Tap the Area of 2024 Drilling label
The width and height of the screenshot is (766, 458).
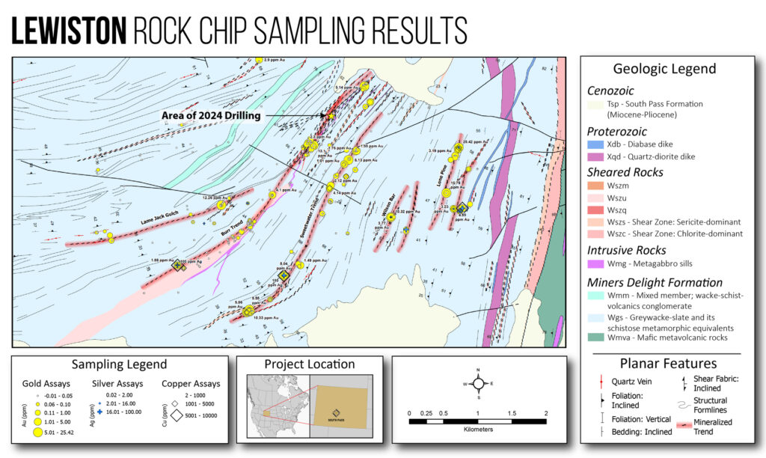point(211,116)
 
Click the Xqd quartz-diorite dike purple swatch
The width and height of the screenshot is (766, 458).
point(594,156)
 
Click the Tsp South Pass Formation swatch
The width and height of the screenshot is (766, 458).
point(594,104)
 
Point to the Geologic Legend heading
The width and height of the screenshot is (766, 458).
point(664,69)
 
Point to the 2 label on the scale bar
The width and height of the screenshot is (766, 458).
point(546,413)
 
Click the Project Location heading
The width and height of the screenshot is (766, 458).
point(310,364)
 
